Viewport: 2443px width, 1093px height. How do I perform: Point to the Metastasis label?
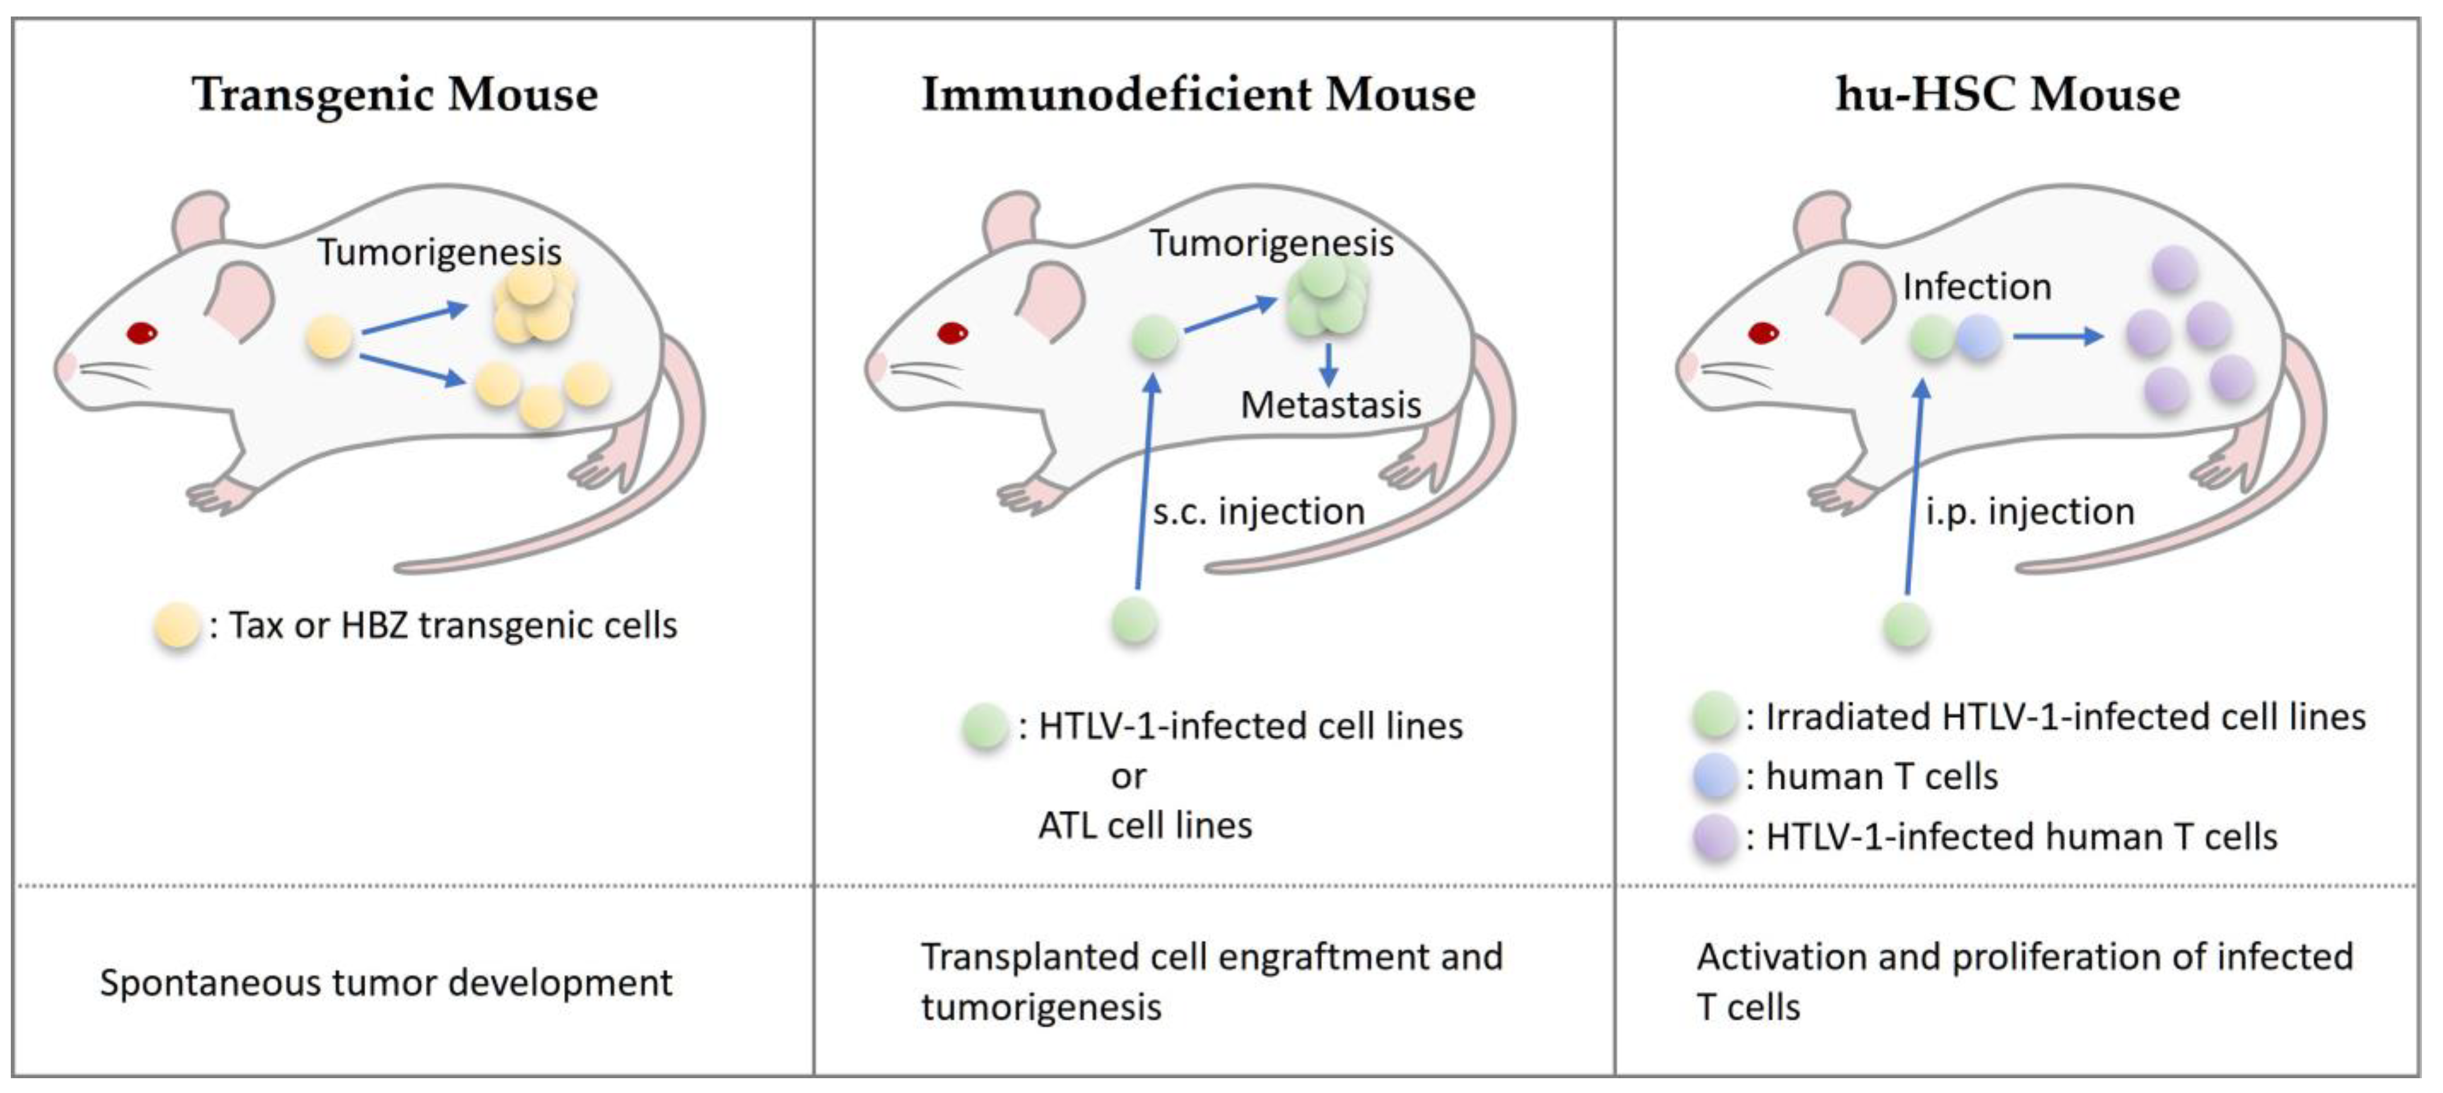pyautogui.click(x=1331, y=406)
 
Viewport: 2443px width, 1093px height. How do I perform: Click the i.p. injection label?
pyautogui.click(x=2030, y=512)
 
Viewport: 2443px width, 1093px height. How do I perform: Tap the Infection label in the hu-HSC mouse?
pyautogui.click(x=1976, y=286)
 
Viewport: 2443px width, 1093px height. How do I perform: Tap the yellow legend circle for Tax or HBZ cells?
pyautogui.click(x=178, y=626)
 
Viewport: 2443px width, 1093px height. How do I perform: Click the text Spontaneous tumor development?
pyautogui.click(x=386, y=983)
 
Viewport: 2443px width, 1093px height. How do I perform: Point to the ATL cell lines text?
pyautogui.click(x=1145, y=826)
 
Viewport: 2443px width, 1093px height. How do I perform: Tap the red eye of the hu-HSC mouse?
pyautogui.click(x=1763, y=333)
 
